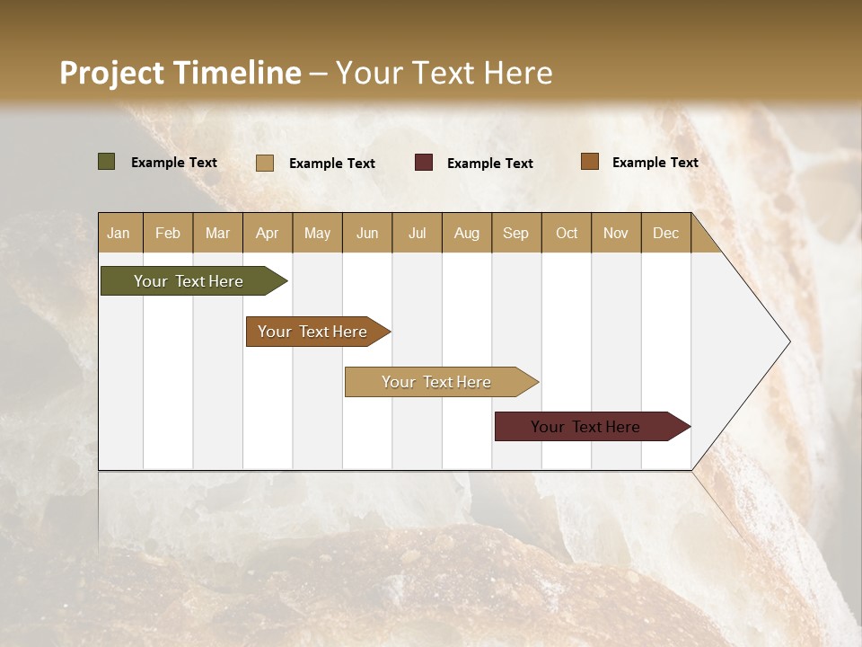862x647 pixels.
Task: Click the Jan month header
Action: coord(119,233)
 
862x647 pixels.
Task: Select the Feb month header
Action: coord(168,233)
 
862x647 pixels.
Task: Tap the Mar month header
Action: coord(217,233)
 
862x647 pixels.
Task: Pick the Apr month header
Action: coord(268,233)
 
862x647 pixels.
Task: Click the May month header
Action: coord(317,233)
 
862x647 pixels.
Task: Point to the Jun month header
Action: coord(367,233)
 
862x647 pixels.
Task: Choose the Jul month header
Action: coord(417,233)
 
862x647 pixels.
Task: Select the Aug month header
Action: coord(467,233)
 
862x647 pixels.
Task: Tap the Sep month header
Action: coord(516,233)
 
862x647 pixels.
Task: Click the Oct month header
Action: coord(567,233)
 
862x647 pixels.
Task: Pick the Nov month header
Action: coord(616,233)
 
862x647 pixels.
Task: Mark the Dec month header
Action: coord(666,233)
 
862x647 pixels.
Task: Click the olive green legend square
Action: coord(107,162)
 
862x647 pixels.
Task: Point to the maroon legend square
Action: coord(424,163)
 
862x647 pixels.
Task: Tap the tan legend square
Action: coord(265,163)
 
